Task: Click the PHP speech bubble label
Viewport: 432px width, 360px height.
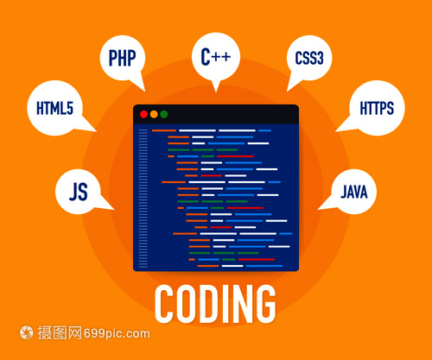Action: point(122,58)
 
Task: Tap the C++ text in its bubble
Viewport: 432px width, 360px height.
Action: point(216,56)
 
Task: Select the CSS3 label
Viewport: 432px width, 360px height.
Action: point(309,58)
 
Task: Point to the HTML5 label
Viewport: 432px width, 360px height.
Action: point(54,108)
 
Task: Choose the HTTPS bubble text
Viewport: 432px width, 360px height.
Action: point(377,108)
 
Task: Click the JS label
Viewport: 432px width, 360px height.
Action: point(79,192)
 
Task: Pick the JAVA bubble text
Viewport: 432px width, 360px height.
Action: point(354,192)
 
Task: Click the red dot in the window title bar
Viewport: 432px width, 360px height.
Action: point(143,114)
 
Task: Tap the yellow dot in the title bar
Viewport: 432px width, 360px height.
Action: point(154,114)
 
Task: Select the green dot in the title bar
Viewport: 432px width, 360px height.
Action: point(164,114)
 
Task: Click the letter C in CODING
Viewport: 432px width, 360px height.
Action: point(164,304)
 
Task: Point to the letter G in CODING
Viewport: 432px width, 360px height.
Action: point(265,304)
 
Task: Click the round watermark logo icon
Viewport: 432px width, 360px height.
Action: point(27,332)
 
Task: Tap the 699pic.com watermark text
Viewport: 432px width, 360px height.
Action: point(117,333)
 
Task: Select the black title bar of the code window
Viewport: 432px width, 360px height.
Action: point(216,114)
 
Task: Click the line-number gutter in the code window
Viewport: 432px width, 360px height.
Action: point(143,199)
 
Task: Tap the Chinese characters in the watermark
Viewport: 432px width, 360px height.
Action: point(60,332)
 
